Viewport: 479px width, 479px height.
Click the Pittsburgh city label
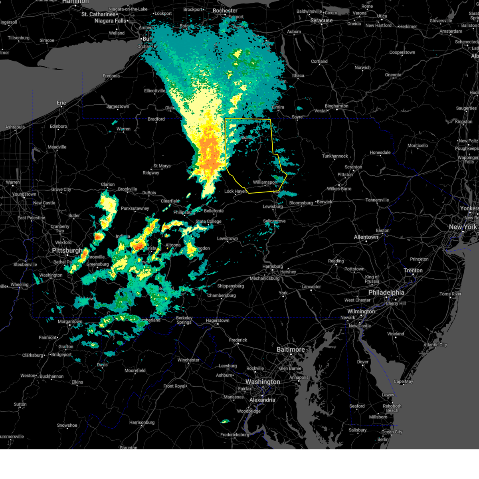[67, 251]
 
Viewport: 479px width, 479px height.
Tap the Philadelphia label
[386, 293]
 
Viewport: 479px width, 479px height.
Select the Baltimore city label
[291, 350]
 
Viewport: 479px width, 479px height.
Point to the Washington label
[263, 382]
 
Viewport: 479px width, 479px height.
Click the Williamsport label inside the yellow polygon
[265, 182]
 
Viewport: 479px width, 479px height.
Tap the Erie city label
[61, 103]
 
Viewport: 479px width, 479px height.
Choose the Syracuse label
[321, 21]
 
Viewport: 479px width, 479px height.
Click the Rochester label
[225, 11]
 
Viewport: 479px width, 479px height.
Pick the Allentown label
[366, 237]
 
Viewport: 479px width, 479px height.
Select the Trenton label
[413, 271]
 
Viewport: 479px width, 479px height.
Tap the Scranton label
[353, 167]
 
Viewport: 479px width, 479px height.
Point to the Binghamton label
[336, 106]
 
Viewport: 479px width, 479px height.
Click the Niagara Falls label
[110, 21]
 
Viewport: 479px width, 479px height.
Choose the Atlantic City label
[435, 345]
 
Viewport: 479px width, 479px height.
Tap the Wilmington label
[361, 311]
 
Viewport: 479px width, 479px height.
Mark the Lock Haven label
[235, 191]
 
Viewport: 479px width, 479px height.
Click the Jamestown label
[118, 107]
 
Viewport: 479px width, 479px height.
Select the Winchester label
[188, 360]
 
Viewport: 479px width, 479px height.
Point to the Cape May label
[403, 382]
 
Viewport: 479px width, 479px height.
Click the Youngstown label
[24, 194]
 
